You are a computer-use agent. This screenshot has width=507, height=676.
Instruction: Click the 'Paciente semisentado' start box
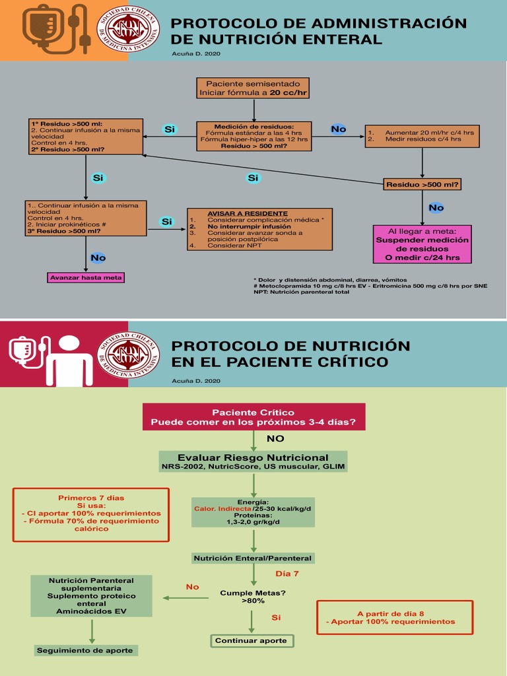pos(253,88)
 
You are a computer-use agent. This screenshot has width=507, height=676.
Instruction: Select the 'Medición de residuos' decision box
pos(254,136)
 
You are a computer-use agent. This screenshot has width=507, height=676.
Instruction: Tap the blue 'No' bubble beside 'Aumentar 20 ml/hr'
pos(339,129)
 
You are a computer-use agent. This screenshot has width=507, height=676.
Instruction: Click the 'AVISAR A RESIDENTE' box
pos(259,229)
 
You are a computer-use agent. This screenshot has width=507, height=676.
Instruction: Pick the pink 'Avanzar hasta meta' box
pos(86,278)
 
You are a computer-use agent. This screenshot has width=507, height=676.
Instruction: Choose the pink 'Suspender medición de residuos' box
pos(422,244)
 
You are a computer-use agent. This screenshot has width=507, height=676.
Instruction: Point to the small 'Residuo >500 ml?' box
pos(422,185)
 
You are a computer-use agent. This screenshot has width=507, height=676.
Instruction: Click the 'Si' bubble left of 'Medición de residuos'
pos(170,129)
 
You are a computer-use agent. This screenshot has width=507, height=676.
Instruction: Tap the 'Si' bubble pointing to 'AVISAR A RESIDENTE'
pos(167,222)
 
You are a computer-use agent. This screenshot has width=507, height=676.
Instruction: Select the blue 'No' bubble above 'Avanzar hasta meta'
pos(98,258)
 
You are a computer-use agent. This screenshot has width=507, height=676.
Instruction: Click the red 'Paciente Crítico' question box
pos(254,417)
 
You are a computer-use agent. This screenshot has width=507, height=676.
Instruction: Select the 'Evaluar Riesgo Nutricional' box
pos(253,461)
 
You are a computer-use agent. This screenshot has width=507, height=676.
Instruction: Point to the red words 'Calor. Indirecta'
pos(222,509)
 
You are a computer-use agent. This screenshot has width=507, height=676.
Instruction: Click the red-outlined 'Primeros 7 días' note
pos(91,515)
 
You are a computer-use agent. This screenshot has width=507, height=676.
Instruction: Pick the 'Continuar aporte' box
pos(252,640)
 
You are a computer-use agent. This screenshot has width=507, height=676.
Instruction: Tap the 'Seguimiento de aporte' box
pos(86,650)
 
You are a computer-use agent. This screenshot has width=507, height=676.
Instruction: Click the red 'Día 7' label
pos(287,574)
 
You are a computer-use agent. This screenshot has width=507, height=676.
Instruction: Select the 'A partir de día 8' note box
pos(395,618)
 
